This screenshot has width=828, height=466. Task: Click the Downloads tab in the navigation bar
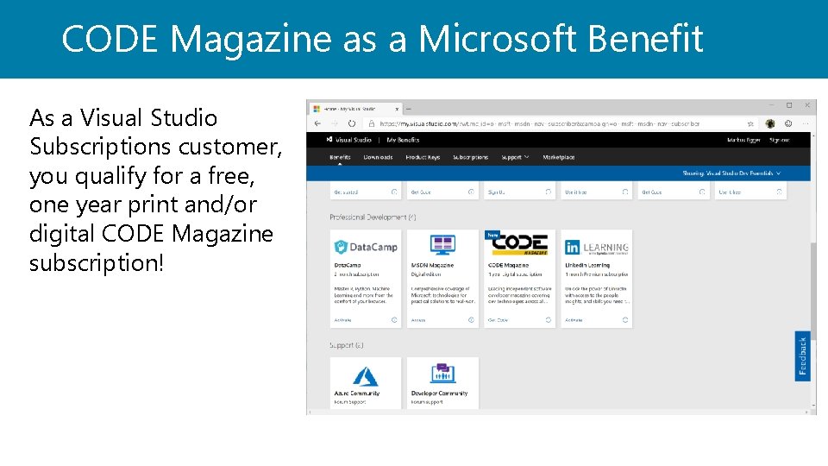click(x=378, y=157)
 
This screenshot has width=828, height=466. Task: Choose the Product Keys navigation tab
click(x=423, y=157)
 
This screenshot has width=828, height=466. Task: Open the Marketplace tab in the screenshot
click(x=558, y=157)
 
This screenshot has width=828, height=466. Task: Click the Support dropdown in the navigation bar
click(x=515, y=157)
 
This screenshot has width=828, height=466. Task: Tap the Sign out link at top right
click(x=779, y=139)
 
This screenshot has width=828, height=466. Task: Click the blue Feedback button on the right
click(x=802, y=356)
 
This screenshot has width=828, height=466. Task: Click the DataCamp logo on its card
click(x=366, y=247)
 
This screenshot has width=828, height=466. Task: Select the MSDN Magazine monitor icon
click(x=442, y=245)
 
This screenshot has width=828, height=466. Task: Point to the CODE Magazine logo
click(x=520, y=244)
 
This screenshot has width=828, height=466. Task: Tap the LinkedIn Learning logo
click(x=597, y=247)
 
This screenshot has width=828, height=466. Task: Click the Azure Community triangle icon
click(x=365, y=375)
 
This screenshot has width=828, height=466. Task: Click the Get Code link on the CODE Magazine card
click(x=498, y=319)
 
